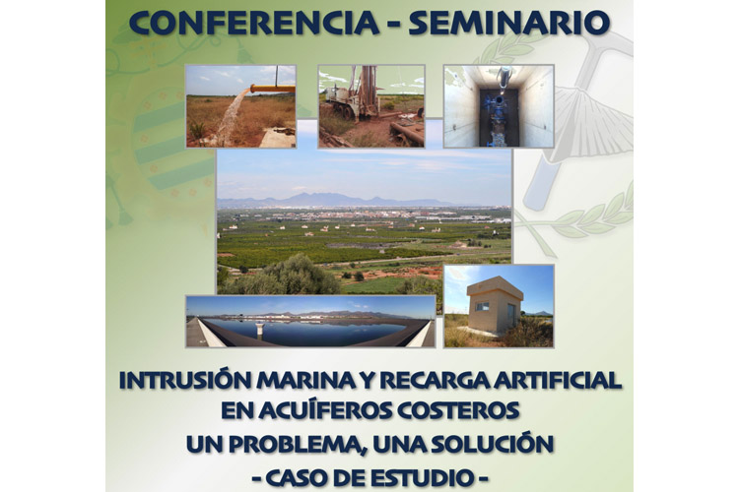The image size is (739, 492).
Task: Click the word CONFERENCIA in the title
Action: [x=253, y=23]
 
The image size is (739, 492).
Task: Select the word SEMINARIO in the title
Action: [x=509, y=23]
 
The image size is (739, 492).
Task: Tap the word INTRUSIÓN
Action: [x=185, y=380]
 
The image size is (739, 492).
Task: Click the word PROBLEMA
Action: [x=298, y=444]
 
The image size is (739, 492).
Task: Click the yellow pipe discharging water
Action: [x=272, y=88]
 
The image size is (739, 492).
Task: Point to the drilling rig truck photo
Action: [x=371, y=106]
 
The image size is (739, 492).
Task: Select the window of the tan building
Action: [x=482, y=307]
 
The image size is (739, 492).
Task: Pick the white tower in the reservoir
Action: [x=259, y=329]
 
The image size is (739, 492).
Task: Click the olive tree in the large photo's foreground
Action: [x=302, y=276]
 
